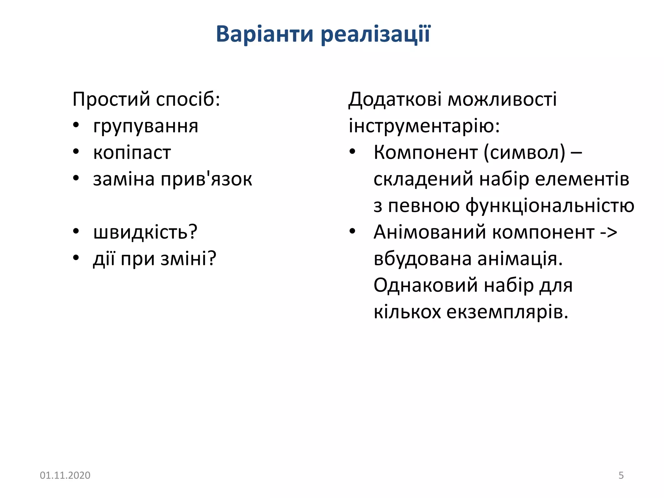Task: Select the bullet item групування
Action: click(x=146, y=126)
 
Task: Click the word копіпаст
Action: click(x=132, y=153)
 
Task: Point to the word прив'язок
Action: click(x=207, y=179)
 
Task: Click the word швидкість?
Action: click(x=145, y=232)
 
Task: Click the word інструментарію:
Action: click(x=424, y=126)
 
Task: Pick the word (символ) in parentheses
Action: click(x=524, y=152)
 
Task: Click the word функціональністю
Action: click(x=550, y=206)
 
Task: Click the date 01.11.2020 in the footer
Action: click(x=65, y=475)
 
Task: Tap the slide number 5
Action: click(x=621, y=475)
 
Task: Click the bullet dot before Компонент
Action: click(x=352, y=152)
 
